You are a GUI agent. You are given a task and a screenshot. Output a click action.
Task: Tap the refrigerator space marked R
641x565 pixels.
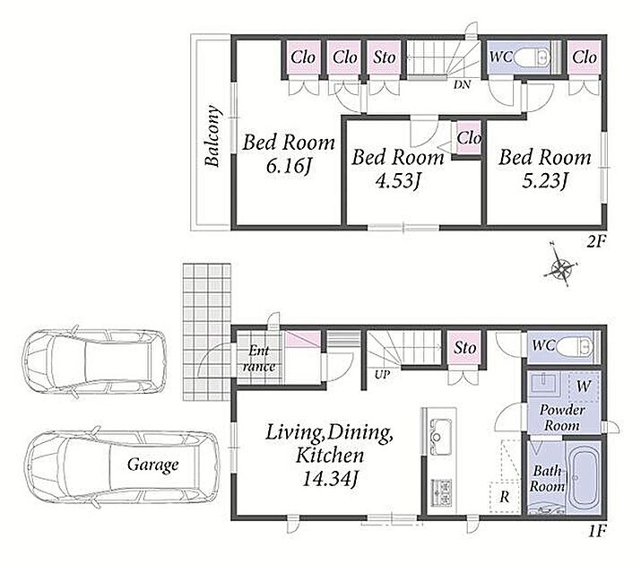pyautogui.click(x=505, y=497)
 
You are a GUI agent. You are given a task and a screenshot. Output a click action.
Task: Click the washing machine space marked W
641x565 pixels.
pyautogui.click(x=583, y=387)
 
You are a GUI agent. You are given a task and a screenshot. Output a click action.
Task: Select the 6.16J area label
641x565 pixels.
pyautogui.click(x=288, y=166)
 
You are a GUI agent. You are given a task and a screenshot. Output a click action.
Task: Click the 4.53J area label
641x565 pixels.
pyautogui.click(x=398, y=180)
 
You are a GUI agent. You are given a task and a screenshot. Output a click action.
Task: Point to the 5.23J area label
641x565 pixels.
pyautogui.click(x=545, y=180)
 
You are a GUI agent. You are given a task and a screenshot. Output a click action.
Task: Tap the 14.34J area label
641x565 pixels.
pyautogui.click(x=330, y=479)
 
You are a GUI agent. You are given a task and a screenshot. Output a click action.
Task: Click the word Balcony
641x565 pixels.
pyautogui.click(x=212, y=136)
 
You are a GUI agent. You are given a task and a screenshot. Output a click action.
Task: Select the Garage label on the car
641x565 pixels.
pyautogui.click(x=153, y=465)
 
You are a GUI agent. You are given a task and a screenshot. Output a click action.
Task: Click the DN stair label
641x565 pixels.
pyautogui.click(x=462, y=84)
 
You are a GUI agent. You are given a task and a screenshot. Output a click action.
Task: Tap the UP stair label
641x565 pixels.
pyautogui.click(x=382, y=374)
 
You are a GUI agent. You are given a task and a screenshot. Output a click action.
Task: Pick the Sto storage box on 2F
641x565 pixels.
pyautogui.click(x=385, y=57)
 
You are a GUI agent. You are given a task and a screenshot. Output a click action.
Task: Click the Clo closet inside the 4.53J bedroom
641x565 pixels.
pyautogui.click(x=469, y=138)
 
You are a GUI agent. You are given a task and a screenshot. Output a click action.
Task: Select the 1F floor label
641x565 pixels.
pyautogui.click(x=596, y=531)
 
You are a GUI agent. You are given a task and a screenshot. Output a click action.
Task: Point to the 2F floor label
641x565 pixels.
pyautogui.click(x=595, y=243)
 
